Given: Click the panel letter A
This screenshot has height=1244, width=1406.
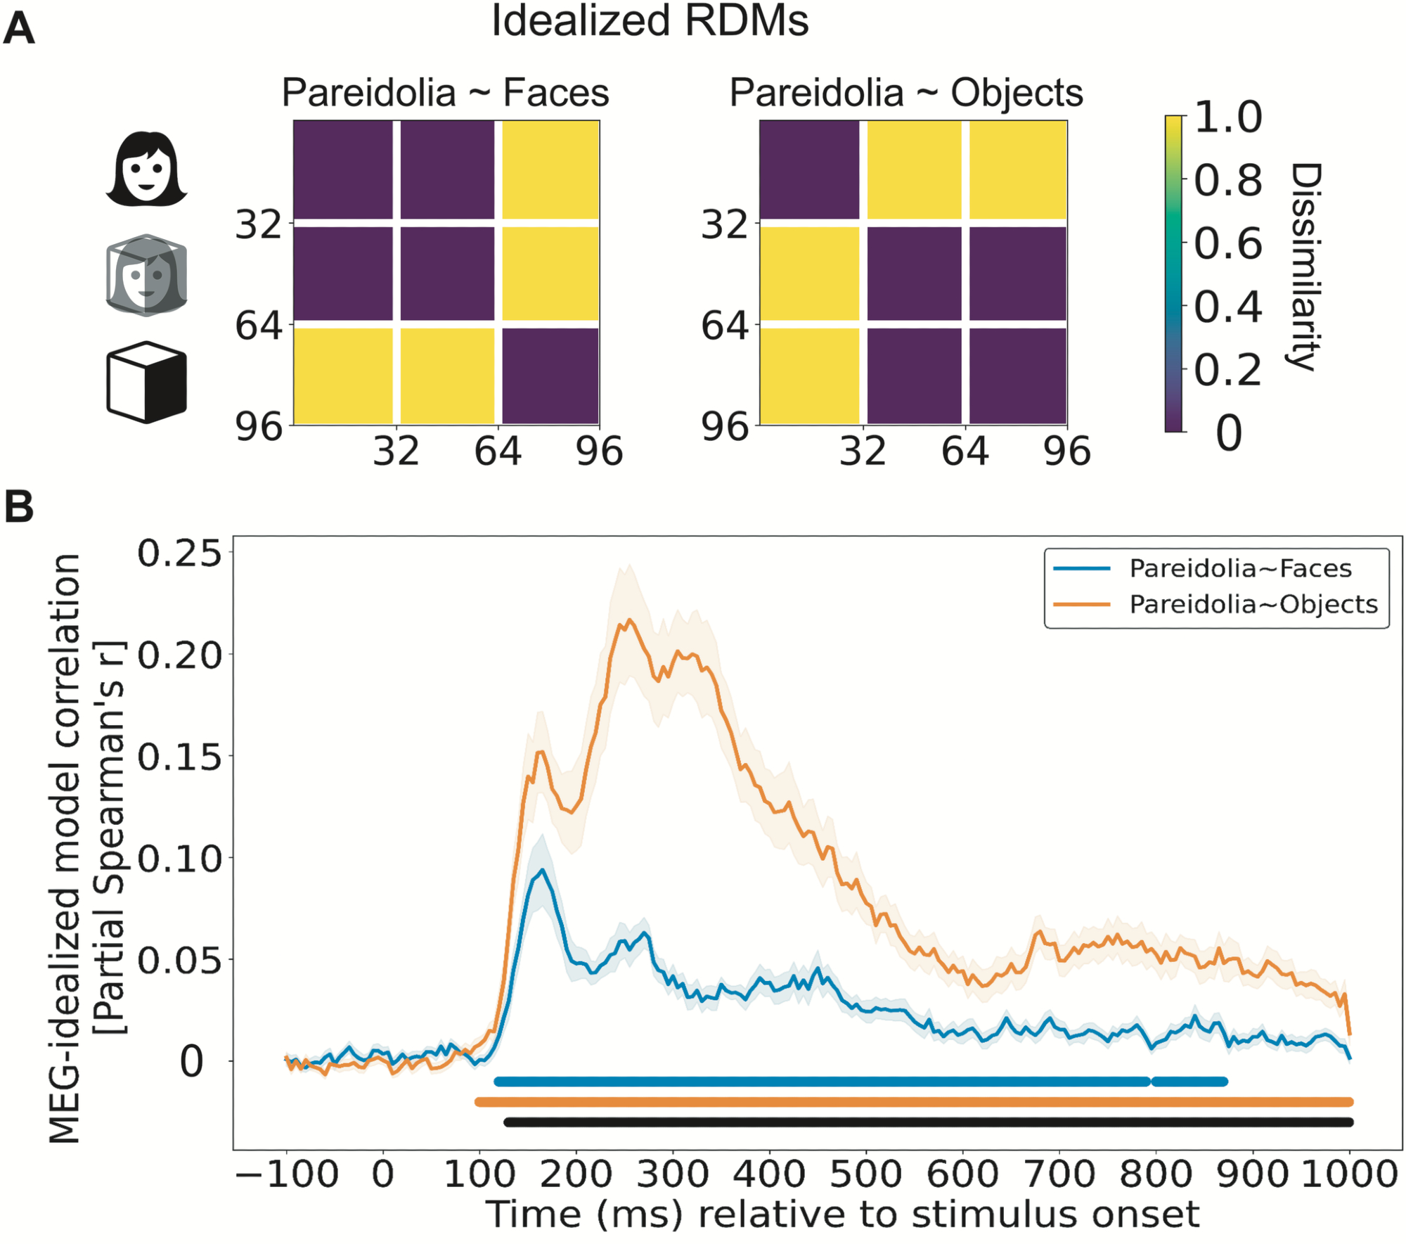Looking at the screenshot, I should click(x=19, y=30).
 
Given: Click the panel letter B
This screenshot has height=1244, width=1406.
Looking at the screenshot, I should click(x=19, y=506).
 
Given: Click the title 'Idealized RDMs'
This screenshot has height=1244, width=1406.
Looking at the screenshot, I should click(x=650, y=21).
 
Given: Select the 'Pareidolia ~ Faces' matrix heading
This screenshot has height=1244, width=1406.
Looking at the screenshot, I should click(x=445, y=93).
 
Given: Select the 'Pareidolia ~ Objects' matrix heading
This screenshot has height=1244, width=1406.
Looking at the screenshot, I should click(x=906, y=93).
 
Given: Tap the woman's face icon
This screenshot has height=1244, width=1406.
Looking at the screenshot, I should click(x=146, y=169).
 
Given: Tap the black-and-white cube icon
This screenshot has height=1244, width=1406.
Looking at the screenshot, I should click(x=146, y=383).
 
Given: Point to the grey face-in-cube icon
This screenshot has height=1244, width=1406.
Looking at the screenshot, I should click(x=146, y=276).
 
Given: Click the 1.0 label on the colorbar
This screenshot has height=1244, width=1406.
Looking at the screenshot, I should click(x=1228, y=117).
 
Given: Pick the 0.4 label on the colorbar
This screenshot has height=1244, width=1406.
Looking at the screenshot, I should click(x=1228, y=307).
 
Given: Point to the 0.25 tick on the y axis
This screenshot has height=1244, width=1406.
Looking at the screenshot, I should click(x=179, y=553).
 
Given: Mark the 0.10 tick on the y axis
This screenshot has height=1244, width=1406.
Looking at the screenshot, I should click(x=179, y=858).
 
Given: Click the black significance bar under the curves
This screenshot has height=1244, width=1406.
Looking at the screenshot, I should click(x=928, y=1122).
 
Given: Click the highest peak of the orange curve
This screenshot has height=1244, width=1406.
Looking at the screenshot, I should click(x=629, y=620).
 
